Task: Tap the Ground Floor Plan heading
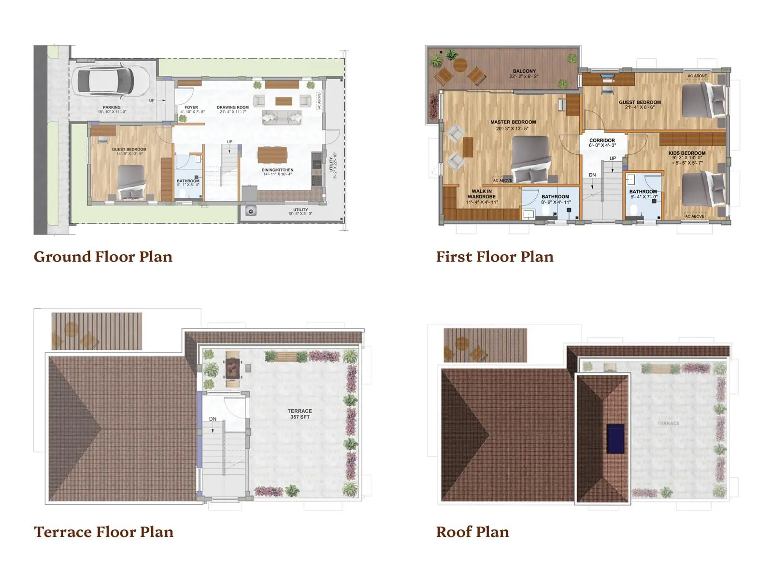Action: (103, 257)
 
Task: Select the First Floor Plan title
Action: (495, 257)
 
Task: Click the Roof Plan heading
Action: (472, 532)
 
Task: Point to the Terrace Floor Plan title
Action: (103, 532)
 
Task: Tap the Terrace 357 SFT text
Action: (300, 414)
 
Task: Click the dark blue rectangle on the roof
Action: (615, 438)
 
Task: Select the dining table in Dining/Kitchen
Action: (272, 155)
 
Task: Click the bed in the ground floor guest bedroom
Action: (131, 181)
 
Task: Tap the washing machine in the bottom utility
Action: (251, 211)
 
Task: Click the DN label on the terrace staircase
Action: (213, 419)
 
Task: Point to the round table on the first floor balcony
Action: (460, 65)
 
